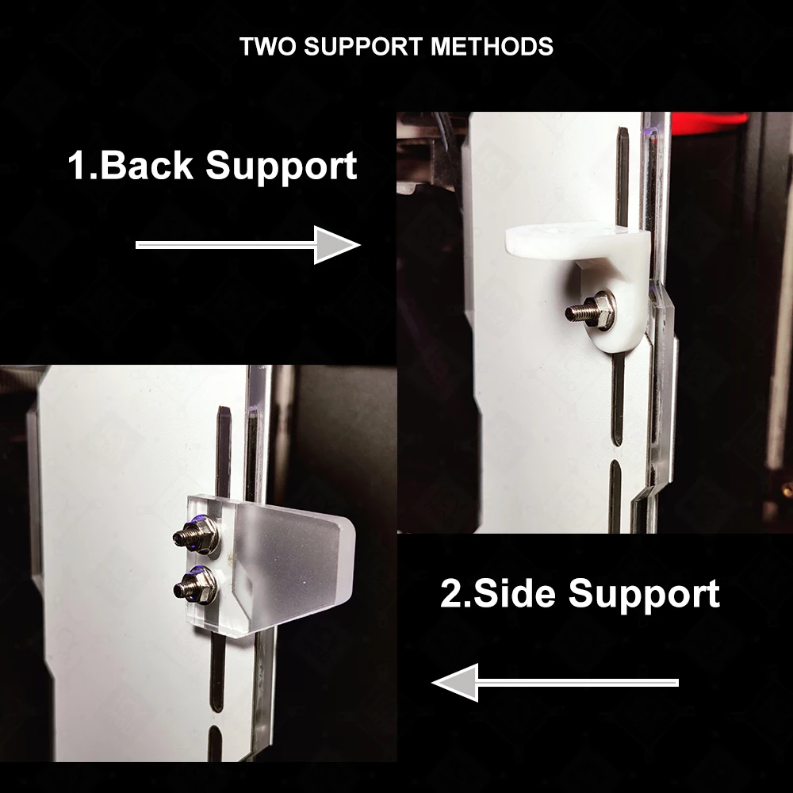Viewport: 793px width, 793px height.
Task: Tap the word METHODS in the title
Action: [x=492, y=47]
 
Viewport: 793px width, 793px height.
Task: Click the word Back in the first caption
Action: [x=147, y=165]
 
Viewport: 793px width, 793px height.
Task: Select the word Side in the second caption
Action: [x=515, y=592]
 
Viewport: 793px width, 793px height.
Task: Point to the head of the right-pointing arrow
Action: [x=336, y=245]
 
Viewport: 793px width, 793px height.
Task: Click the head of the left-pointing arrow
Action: [x=455, y=682]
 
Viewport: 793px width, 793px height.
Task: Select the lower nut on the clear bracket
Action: [x=202, y=585]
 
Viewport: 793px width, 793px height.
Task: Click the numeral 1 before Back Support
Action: [x=78, y=165]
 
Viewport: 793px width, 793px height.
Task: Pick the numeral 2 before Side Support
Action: [x=451, y=592]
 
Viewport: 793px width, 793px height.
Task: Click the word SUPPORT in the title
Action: [x=363, y=47]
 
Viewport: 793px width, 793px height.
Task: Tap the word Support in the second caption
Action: [x=644, y=596]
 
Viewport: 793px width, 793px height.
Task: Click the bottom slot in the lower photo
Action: [x=215, y=744]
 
